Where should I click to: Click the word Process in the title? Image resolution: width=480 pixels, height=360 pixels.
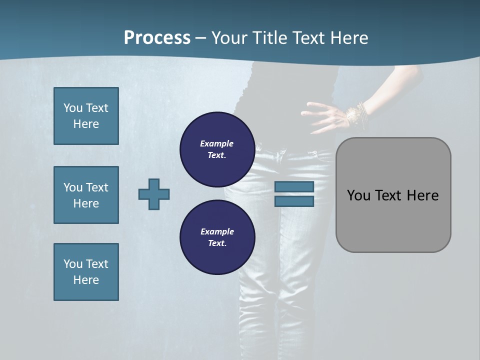(x=157, y=38)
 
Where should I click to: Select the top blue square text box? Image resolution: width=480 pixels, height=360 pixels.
(x=86, y=116)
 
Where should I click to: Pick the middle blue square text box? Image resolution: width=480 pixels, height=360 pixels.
(x=86, y=195)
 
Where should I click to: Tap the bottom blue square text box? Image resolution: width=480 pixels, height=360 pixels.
(x=86, y=272)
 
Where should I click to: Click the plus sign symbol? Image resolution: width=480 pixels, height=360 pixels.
(x=154, y=194)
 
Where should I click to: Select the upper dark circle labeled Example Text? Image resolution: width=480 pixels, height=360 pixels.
(x=217, y=149)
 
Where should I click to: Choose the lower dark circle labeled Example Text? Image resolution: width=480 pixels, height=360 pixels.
(x=217, y=237)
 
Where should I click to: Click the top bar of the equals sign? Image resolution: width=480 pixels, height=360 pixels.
(x=294, y=186)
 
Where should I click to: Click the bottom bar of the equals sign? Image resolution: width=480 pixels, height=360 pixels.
(x=294, y=201)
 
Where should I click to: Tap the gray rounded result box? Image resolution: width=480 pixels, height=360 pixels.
(x=393, y=195)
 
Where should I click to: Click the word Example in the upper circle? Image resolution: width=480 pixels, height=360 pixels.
(x=217, y=143)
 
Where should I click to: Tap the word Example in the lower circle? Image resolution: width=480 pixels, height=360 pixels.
(x=217, y=231)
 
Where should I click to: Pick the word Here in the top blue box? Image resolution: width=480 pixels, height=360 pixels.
(x=86, y=124)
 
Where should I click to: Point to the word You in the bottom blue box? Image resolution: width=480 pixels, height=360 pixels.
(x=73, y=264)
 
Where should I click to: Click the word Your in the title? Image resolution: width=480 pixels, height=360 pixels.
(x=231, y=38)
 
